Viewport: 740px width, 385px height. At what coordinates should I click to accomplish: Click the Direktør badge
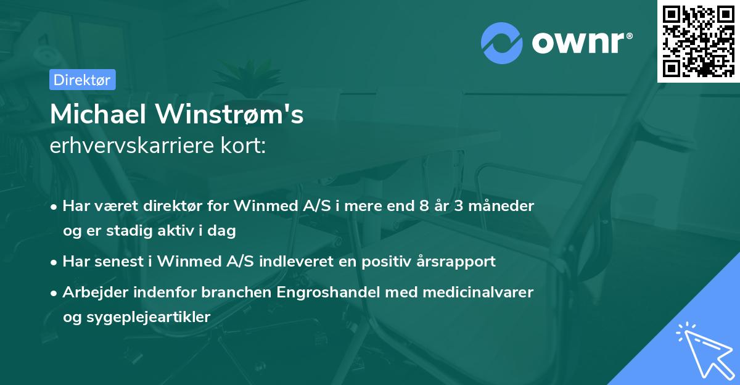(81, 80)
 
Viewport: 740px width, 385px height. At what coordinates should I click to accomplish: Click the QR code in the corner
(698, 41)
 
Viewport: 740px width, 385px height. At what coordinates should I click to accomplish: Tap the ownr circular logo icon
(502, 43)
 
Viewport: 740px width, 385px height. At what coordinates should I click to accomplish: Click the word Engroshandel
(334, 292)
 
